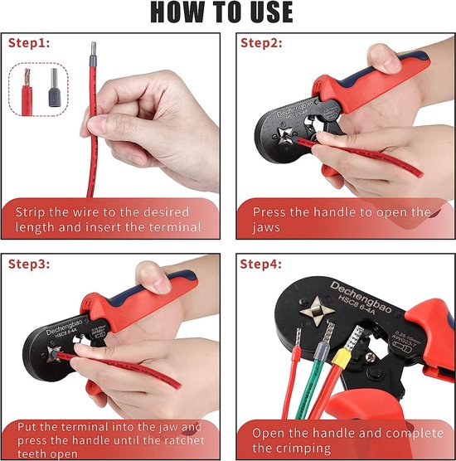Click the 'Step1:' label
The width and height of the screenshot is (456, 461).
pos(29,43)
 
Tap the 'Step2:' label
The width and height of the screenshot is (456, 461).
pos(261,43)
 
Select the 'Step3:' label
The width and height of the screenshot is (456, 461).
pos(29,264)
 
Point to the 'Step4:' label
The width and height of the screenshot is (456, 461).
pos(261,264)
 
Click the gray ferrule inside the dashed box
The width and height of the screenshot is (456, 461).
pos(54,87)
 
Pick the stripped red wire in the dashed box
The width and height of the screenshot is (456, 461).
pos(27,92)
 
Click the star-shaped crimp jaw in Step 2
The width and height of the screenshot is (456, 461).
pos(285,135)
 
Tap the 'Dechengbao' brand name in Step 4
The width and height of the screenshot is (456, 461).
pos(361,297)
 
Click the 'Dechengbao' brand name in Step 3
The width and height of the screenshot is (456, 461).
pos(65,327)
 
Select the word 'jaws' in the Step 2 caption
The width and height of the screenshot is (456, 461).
pos(266,228)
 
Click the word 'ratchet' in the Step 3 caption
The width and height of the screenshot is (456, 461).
pos(184,440)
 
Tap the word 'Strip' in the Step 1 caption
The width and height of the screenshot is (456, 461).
pos(31,212)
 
